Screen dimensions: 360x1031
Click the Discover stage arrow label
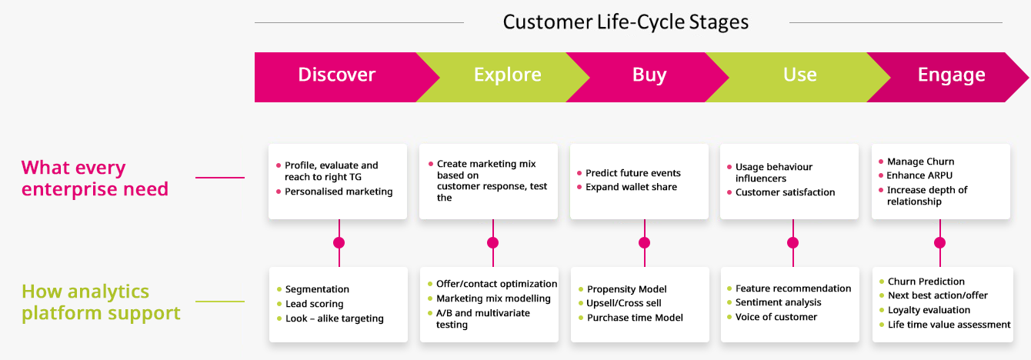pyautogui.click(x=336, y=75)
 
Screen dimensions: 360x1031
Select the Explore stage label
pyautogui.click(x=507, y=75)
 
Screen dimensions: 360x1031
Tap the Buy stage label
pyautogui.click(x=649, y=75)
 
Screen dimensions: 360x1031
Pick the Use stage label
pyautogui.click(x=799, y=75)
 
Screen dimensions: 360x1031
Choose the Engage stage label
pyautogui.click(x=951, y=75)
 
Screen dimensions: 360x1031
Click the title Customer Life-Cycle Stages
pyautogui.click(x=626, y=22)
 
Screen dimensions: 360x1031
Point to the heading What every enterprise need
pyautogui.click(x=95, y=178)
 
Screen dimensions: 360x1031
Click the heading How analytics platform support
pyautogui.click(x=101, y=302)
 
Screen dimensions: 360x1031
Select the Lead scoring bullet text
pyautogui.click(x=314, y=304)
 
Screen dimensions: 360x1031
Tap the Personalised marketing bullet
pyautogui.click(x=339, y=192)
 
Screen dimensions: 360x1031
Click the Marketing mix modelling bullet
pyautogui.click(x=493, y=298)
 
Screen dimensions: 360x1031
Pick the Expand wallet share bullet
pyautogui.click(x=631, y=187)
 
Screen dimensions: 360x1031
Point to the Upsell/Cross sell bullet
pyautogui.click(x=624, y=303)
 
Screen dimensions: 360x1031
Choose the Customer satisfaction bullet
pyautogui.click(x=785, y=192)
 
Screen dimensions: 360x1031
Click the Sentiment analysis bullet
pyautogui.click(x=778, y=302)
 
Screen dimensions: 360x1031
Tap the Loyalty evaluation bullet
pyautogui.click(x=929, y=310)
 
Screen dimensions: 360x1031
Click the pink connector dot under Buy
pyautogui.click(x=644, y=242)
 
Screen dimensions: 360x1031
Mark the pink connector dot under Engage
pyautogui.click(x=939, y=242)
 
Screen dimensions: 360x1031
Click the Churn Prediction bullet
pyautogui.click(x=926, y=282)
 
